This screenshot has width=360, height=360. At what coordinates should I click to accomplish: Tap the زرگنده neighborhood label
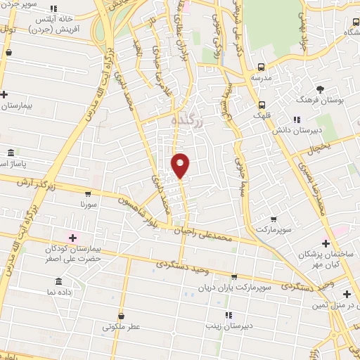188,121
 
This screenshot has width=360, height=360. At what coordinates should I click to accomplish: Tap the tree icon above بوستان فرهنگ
321,89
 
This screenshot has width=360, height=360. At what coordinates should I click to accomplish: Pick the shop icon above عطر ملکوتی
122,315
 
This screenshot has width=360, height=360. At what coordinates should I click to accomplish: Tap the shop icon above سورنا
87,193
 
